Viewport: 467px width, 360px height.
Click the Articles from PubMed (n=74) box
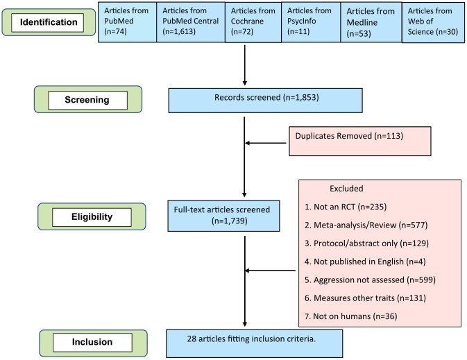128,24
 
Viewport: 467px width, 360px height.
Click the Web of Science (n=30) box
433,24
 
